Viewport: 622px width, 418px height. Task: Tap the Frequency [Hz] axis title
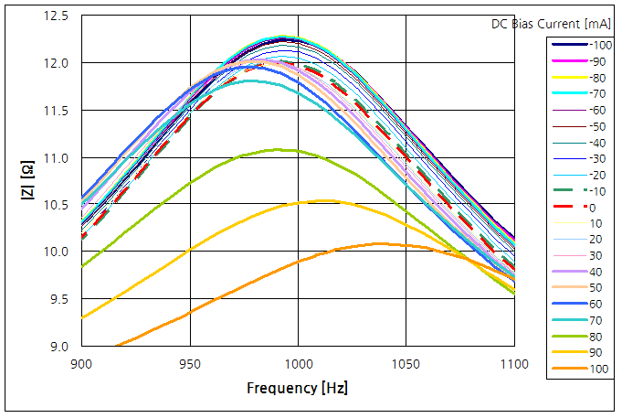297,388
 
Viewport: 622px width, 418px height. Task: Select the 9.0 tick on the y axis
60,346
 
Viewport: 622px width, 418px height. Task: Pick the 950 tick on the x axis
190,364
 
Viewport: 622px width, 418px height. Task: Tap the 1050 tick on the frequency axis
406,364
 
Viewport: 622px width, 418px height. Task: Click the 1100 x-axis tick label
514,364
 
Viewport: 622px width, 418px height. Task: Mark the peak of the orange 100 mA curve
377,243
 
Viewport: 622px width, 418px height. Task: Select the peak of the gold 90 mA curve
325,200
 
